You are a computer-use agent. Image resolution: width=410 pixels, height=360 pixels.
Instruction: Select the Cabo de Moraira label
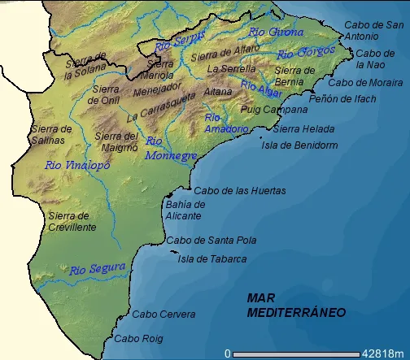pos(364,82)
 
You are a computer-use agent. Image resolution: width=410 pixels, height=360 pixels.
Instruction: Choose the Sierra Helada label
pos(303,128)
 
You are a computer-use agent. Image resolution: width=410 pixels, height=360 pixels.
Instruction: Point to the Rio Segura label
pos(97,269)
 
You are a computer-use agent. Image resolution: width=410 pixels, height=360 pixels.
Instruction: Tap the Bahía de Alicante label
pos(185,210)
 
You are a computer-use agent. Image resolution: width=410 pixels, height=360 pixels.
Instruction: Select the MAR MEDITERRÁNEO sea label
pos(296,306)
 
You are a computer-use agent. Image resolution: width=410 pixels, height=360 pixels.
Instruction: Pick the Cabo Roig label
pos(138,338)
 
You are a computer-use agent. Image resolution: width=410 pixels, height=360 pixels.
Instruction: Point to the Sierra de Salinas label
pos(51,134)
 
